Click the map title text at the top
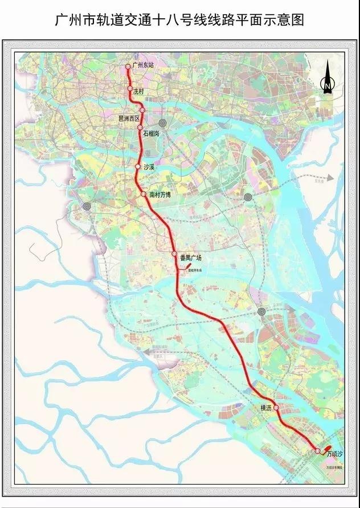point(179,21)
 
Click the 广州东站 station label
point(142,66)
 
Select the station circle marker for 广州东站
point(129,67)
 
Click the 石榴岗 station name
point(152,133)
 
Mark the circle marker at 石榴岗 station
point(140,128)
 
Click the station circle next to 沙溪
point(138,166)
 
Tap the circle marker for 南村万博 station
point(144,194)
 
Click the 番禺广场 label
point(190,258)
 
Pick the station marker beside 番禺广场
point(174,254)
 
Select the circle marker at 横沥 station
point(276,408)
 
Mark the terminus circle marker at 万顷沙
point(317,452)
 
